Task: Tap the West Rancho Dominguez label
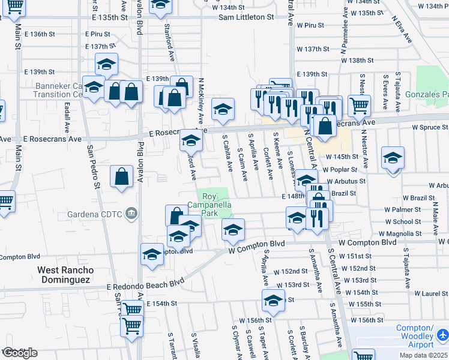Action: (x=64, y=275)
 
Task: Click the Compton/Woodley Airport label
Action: (x=415, y=337)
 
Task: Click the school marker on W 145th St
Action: (x=393, y=158)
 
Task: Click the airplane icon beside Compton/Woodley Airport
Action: (x=442, y=334)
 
